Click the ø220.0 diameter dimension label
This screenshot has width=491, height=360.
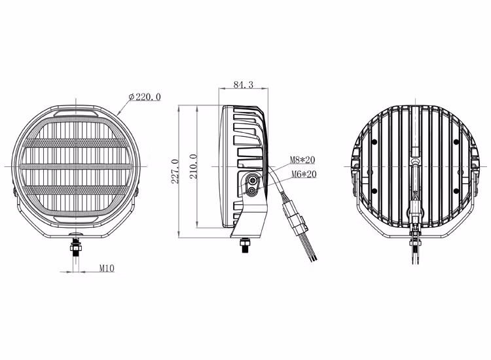tap(145, 97)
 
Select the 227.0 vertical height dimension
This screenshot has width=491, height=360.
tap(175, 171)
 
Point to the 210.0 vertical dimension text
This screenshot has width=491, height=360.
tap(192, 169)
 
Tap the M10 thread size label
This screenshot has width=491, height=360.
tap(107, 268)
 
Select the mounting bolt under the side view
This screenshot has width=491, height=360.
tap(245, 244)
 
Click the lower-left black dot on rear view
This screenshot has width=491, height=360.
tap(373, 190)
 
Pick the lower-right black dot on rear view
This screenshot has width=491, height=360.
tap(457, 190)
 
